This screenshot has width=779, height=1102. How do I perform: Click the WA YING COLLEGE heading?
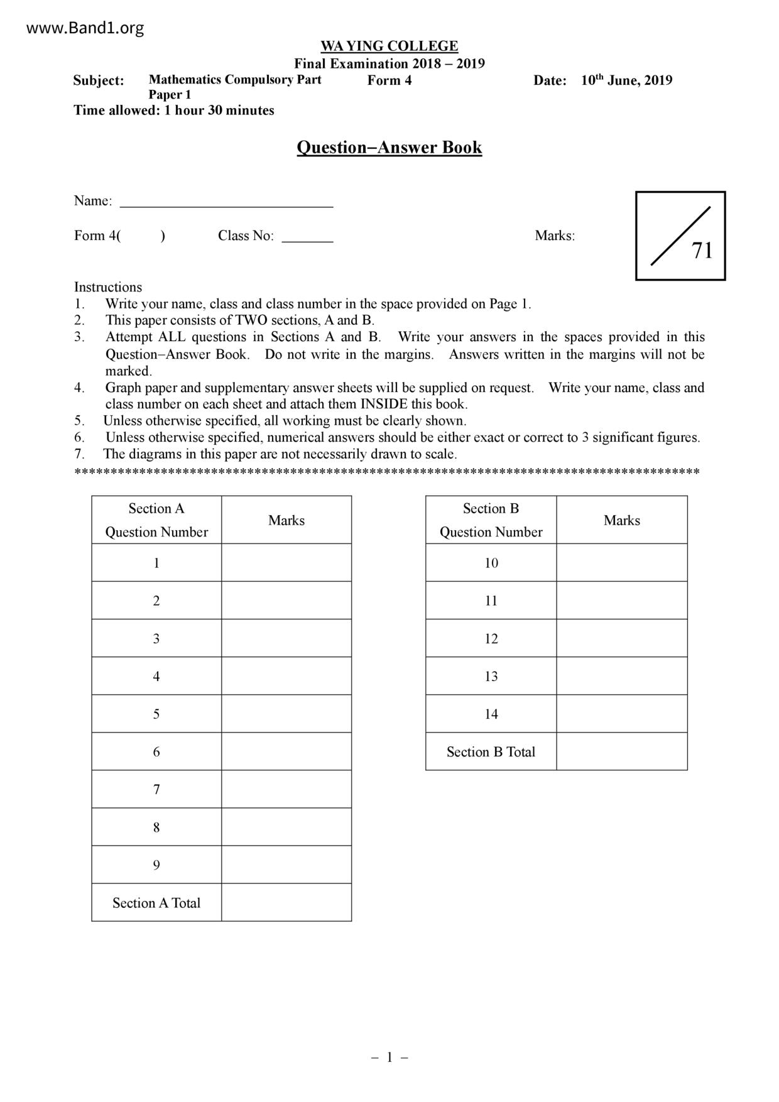pos(389,46)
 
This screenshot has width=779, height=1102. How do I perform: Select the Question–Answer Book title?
pos(389,147)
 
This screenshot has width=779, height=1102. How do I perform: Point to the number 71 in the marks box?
pos(702,250)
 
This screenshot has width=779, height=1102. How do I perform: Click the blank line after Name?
pos(226,202)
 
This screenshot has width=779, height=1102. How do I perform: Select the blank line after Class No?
pos(307,237)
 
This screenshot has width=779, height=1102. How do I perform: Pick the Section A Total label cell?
pos(156,903)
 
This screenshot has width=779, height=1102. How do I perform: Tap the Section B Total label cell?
pos(491,752)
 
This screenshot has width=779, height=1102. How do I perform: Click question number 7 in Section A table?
pos(156,789)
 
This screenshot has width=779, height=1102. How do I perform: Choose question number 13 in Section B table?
pos(491,676)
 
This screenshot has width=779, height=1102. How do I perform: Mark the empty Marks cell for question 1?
pos(286,563)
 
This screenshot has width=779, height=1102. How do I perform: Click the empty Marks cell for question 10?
pos(622,563)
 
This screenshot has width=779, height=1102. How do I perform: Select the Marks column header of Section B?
pos(622,520)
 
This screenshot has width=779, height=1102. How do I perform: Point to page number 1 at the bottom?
pos(389,1057)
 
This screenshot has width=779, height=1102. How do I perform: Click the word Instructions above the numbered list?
pos(108,287)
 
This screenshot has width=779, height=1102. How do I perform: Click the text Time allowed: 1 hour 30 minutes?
pos(174,111)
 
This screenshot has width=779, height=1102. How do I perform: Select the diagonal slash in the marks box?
pos(680,236)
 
